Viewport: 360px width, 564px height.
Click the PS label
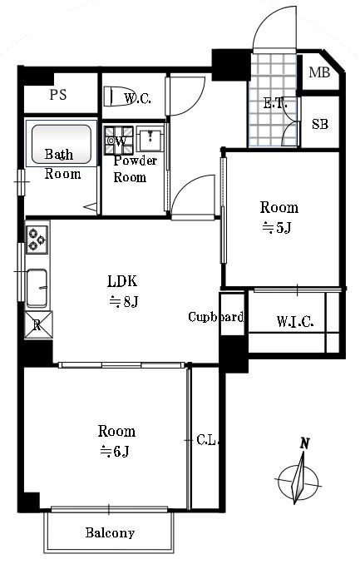[x=58, y=95]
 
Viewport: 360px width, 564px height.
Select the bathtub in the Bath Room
[x=62, y=144]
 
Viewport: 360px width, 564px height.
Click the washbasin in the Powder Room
[x=150, y=139]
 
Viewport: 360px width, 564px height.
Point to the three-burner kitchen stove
[x=37, y=240]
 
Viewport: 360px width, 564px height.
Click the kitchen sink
[x=37, y=288]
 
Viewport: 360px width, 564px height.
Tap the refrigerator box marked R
[x=38, y=325]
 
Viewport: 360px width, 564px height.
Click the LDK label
[x=122, y=281]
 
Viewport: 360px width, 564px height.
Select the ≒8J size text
[x=124, y=301]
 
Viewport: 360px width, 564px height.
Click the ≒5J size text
[x=276, y=228]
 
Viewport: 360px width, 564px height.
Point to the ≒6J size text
[x=115, y=451]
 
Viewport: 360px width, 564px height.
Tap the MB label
[x=319, y=72]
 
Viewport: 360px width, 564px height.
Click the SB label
[x=320, y=124]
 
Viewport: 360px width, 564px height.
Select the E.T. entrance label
[x=275, y=104]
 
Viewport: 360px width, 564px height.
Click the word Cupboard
[x=216, y=317]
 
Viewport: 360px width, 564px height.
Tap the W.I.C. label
[x=295, y=321]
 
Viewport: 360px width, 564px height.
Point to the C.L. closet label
[x=208, y=439]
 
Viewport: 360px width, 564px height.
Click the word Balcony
[x=110, y=532]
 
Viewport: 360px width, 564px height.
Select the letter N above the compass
[x=305, y=443]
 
